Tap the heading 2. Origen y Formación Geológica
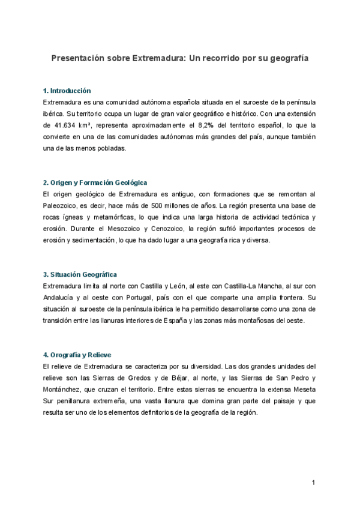(95, 182)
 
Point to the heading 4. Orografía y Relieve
(77, 355)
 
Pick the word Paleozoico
(61, 205)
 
